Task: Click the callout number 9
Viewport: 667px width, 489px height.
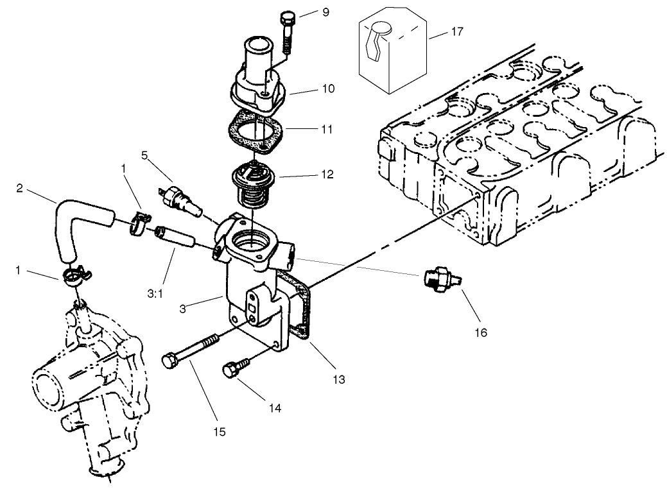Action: (325, 12)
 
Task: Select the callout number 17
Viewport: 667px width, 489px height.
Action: (458, 31)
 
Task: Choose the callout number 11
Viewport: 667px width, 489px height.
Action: (327, 129)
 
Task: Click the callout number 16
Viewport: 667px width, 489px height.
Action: (481, 332)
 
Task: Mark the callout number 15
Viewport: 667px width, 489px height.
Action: (220, 432)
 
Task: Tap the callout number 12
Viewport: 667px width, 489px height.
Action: (328, 173)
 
